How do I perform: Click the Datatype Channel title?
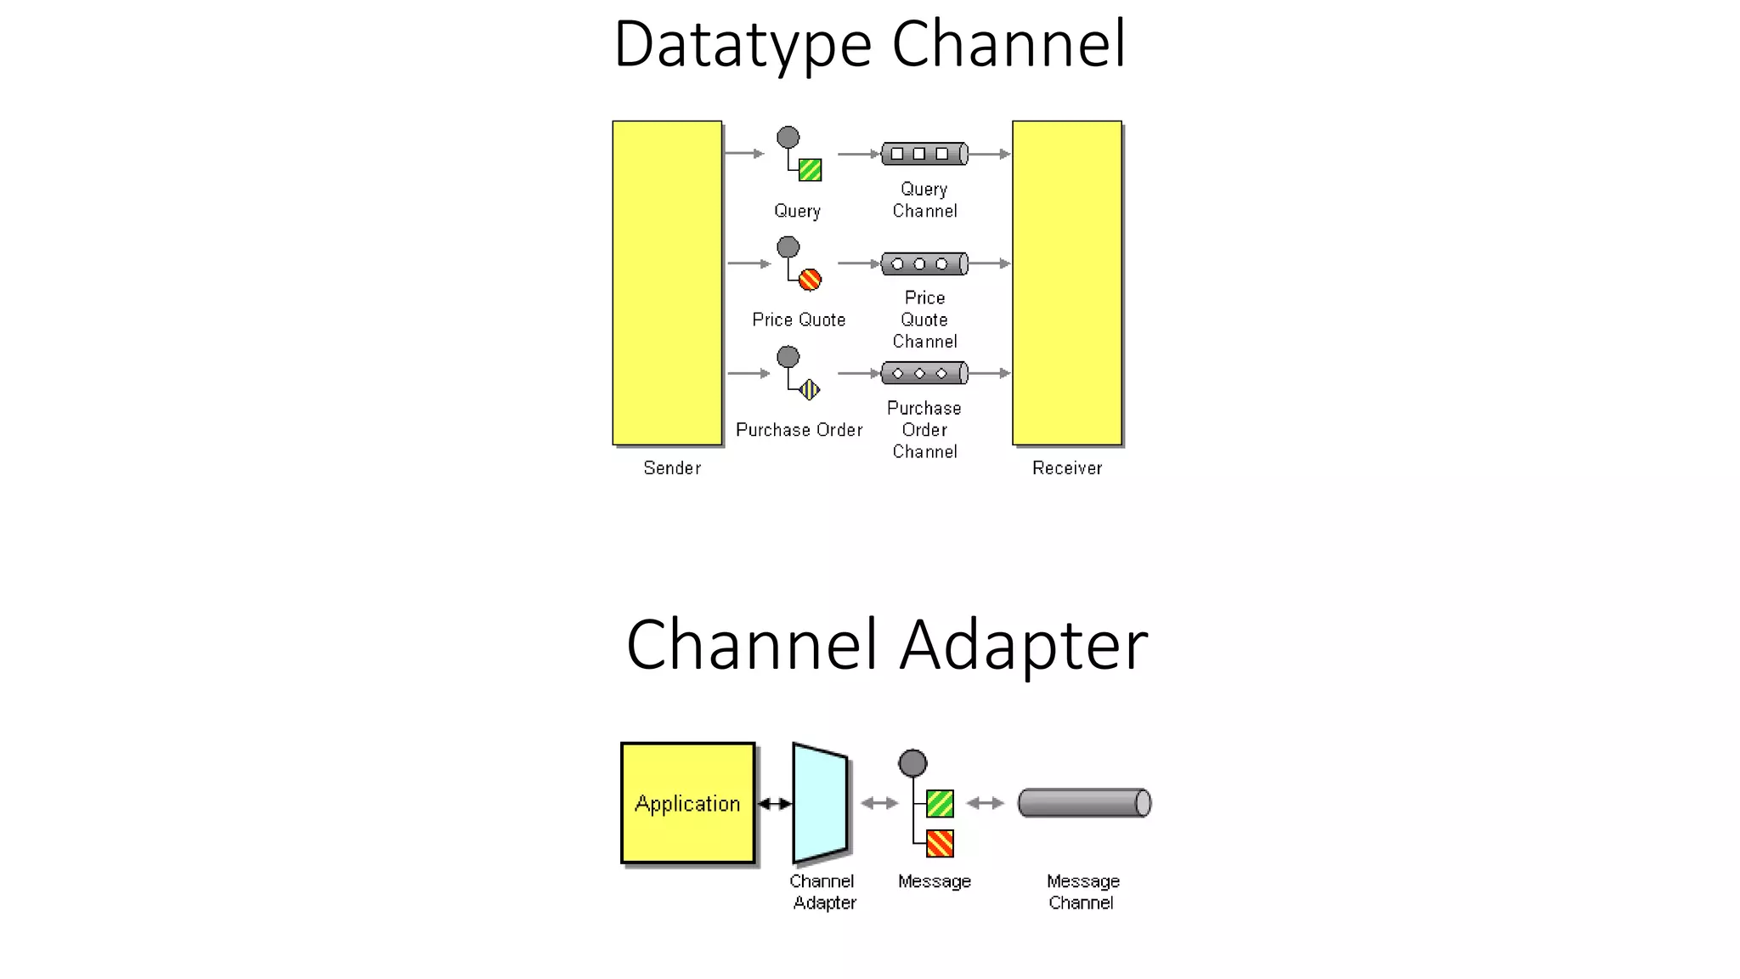(870, 44)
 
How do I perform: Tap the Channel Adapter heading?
(886, 645)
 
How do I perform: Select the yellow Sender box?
(667, 282)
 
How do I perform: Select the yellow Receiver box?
(1066, 282)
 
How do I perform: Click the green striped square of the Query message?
(810, 170)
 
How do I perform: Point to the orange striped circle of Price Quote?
(810, 280)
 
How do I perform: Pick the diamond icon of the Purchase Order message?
(810, 389)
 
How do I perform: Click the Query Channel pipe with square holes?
(924, 154)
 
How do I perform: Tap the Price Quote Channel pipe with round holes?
(924, 263)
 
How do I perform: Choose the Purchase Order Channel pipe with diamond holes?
(924, 373)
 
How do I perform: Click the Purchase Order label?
(799, 430)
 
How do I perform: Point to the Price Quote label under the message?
(799, 320)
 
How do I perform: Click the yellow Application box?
(687, 803)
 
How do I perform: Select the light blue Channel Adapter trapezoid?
(820, 803)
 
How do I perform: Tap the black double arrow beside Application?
(774, 803)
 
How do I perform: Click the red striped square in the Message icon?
(940, 843)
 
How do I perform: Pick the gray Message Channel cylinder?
(1083, 803)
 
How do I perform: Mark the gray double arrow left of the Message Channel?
(986, 803)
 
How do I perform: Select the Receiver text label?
(1066, 468)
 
